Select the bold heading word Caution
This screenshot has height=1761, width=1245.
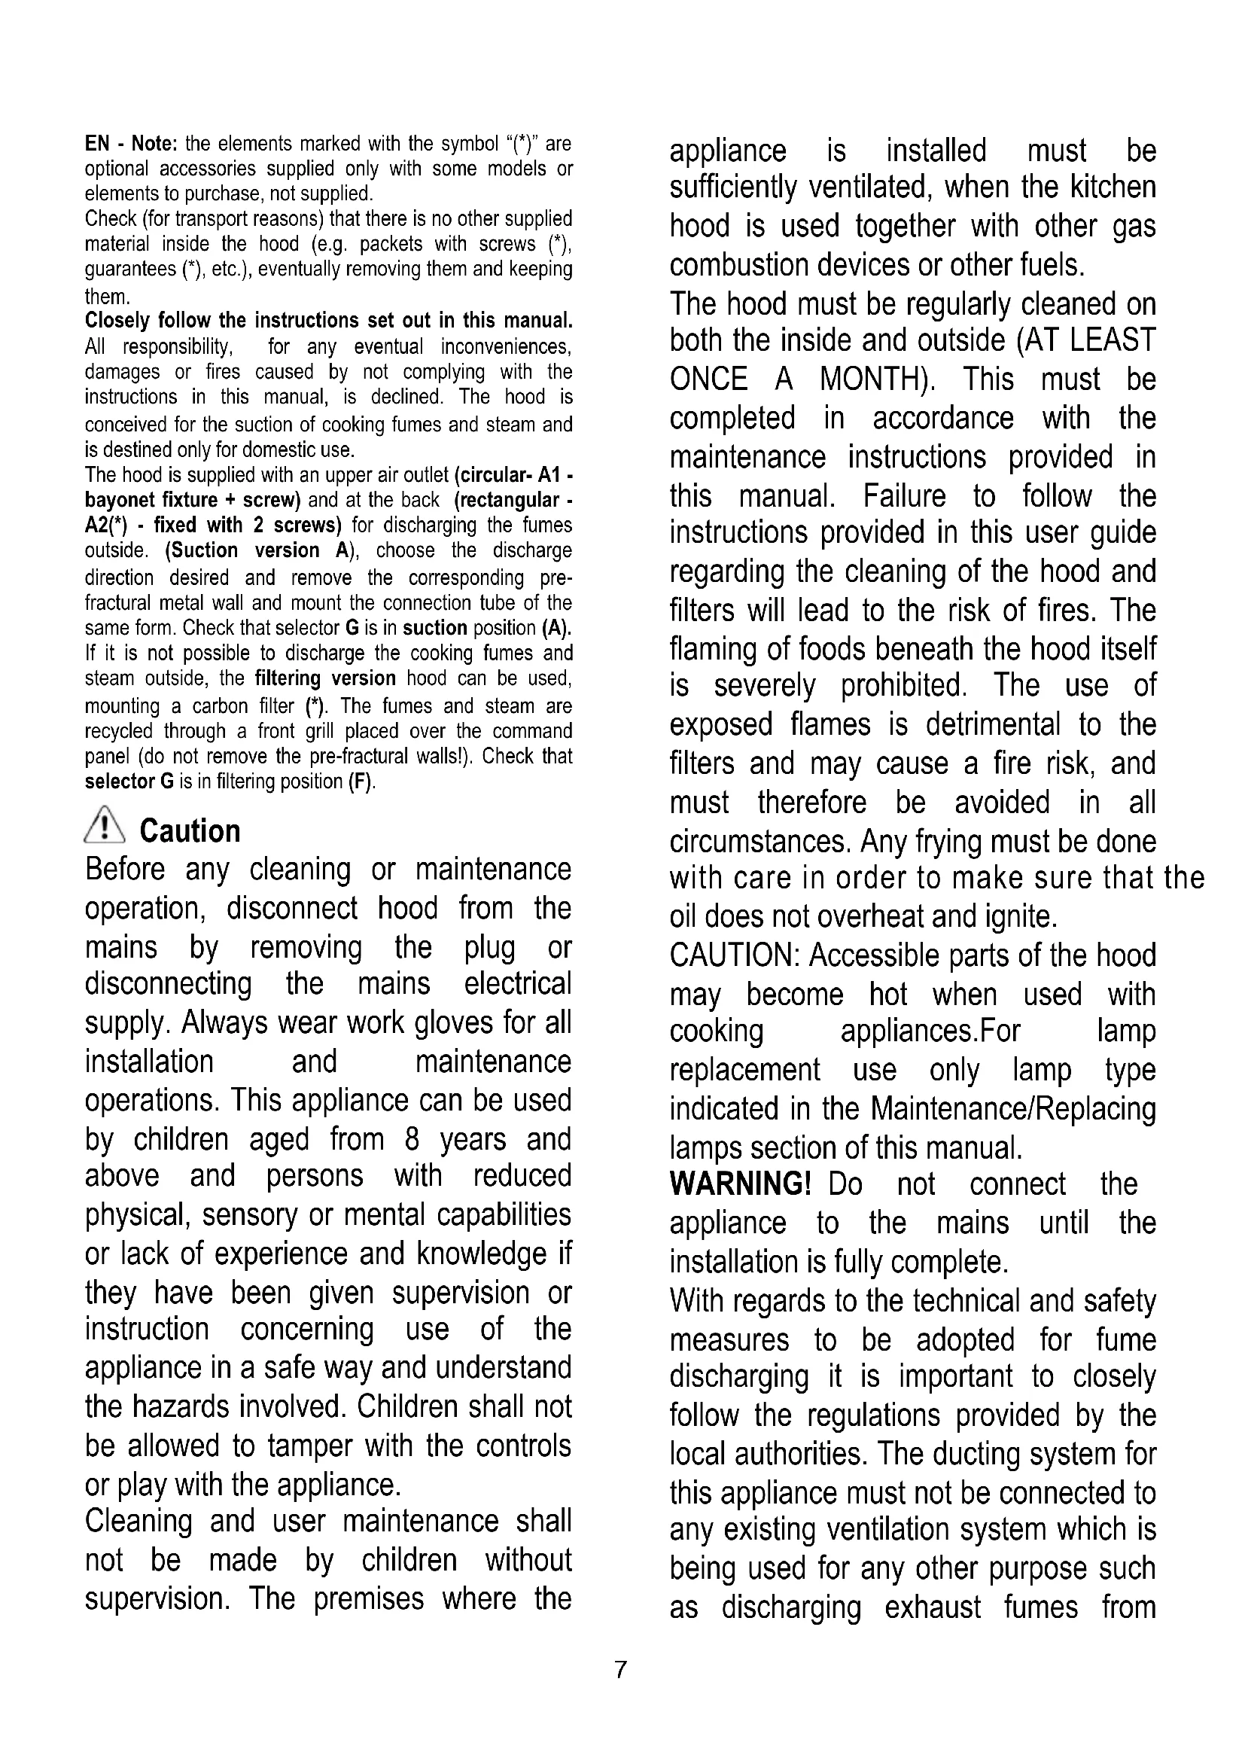pos(190,831)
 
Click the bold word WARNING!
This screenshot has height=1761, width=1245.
pos(740,1184)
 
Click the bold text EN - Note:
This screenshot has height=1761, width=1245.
pos(131,145)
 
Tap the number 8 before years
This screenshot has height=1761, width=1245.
pos(412,1140)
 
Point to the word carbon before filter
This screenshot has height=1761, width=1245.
pos(220,705)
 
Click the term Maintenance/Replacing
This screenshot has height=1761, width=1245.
pos(1013,1109)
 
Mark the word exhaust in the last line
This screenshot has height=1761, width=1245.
pos(932,1607)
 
